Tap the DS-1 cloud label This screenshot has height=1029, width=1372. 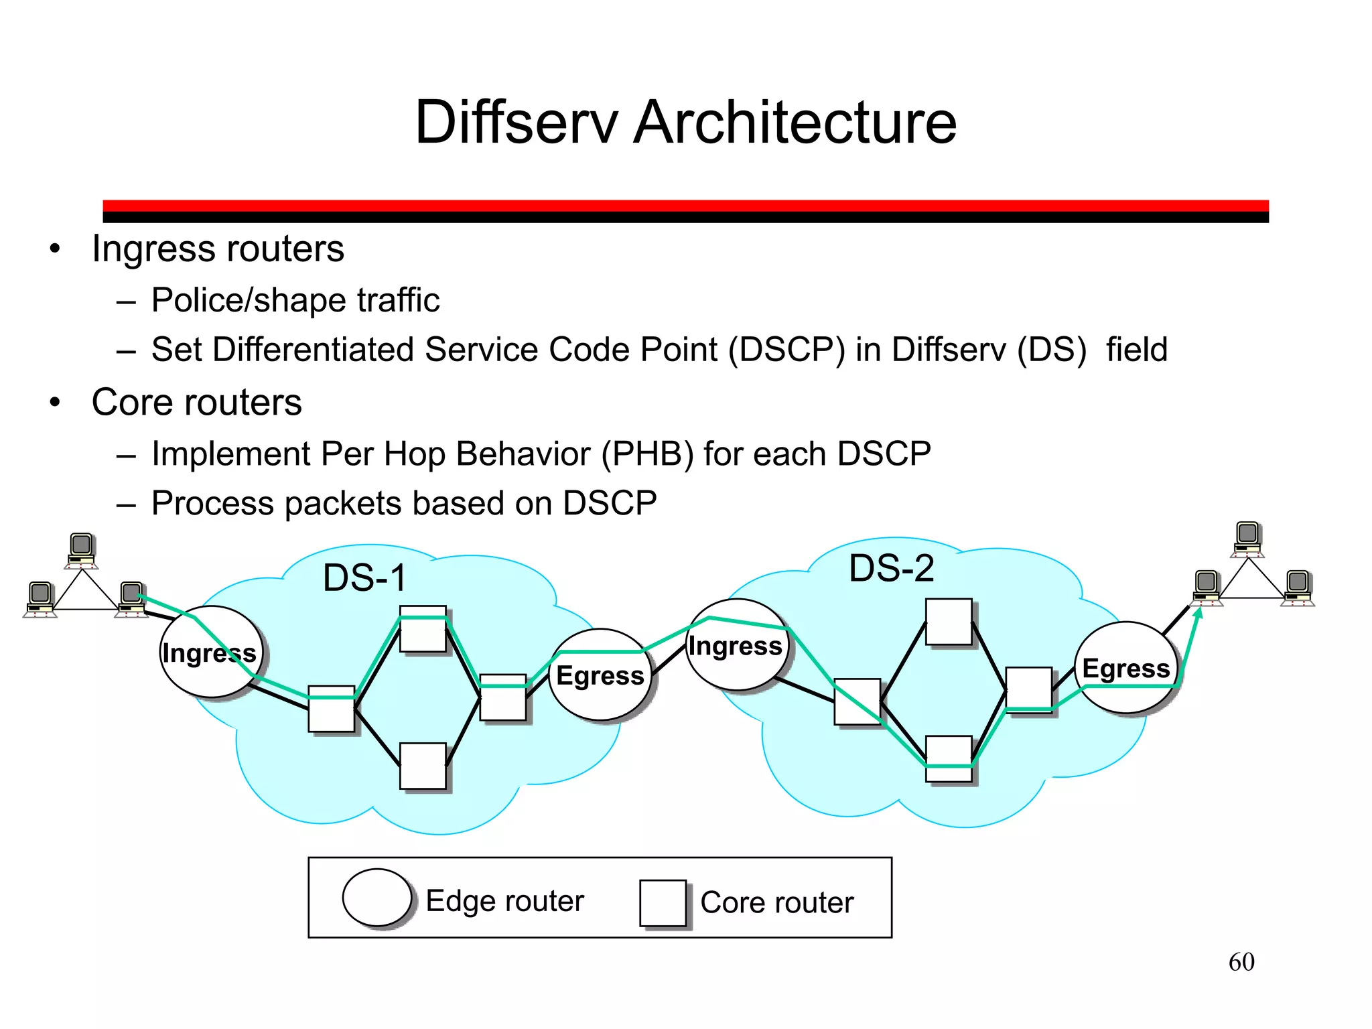364,577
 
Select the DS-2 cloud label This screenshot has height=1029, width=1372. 891,568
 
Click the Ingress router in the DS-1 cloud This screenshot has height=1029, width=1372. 210,652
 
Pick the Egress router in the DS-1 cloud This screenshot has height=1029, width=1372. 600,675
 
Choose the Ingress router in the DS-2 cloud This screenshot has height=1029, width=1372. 736,645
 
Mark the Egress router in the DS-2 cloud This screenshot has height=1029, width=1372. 1126,668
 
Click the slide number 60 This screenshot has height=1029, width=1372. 1241,962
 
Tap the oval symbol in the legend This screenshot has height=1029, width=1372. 376,898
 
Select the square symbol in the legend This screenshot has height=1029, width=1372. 663,903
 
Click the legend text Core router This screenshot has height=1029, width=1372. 777,902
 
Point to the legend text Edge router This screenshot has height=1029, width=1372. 505,901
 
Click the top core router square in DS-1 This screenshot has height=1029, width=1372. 423,629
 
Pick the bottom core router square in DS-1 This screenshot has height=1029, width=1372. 423,766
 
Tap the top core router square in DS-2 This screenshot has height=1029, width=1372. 949,622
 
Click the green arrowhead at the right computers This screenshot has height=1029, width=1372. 1199,612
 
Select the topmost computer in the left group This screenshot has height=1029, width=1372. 82,550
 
